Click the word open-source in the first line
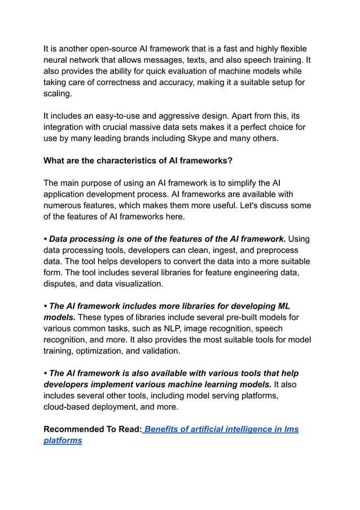(109, 49)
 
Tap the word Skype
(205, 138)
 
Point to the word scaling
(59, 94)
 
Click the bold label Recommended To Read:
(93, 429)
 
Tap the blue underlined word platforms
(63, 440)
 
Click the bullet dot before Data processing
(46, 239)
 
